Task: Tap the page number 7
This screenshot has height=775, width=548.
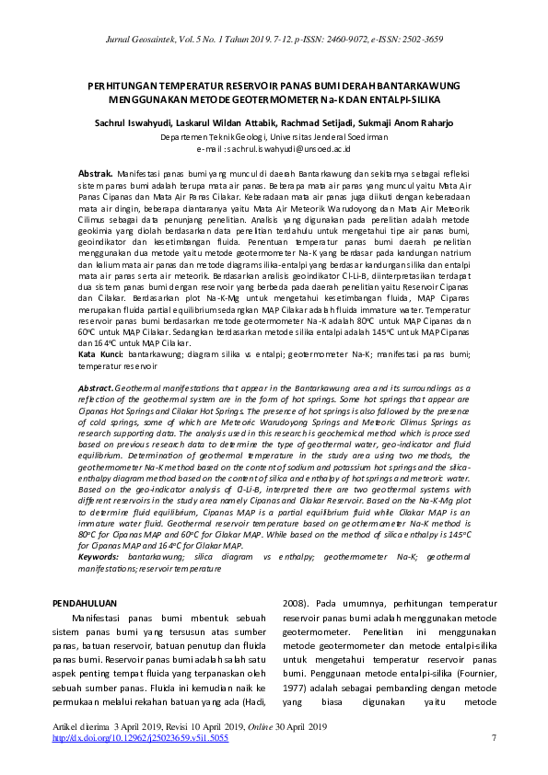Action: pyautogui.click(x=495, y=738)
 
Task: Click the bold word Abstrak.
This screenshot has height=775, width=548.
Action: pyautogui.click(x=96, y=173)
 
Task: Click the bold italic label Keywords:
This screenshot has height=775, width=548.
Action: pyautogui.click(x=99, y=557)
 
